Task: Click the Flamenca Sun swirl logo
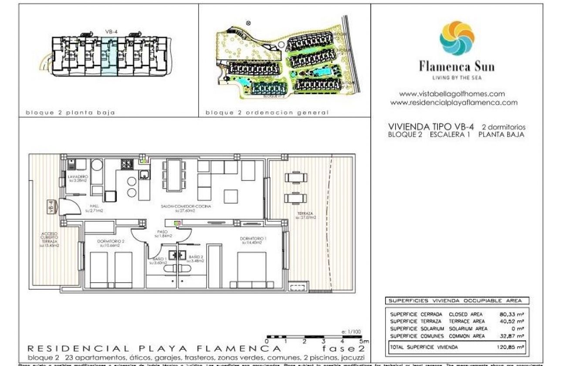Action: [x=457, y=38]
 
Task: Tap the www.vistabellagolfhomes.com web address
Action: [x=452, y=94]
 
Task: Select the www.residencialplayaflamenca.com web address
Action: [x=454, y=103]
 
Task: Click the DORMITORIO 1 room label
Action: [x=253, y=239]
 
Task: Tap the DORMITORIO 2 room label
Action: [x=111, y=241]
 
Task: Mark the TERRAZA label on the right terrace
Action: [x=305, y=214]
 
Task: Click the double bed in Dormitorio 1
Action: [x=251, y=270]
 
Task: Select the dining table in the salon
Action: [x=174, y=175]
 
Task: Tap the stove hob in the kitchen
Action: [x=126, y=164]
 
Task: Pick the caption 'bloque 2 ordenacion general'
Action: [x=267, y=113]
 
